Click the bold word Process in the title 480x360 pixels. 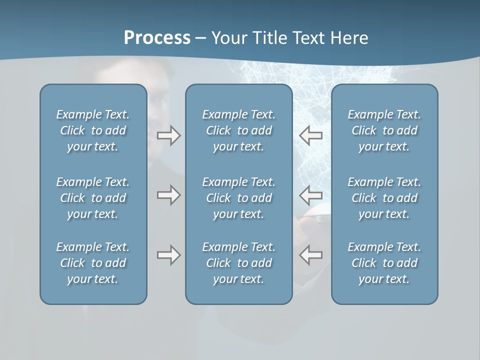coord(157,38)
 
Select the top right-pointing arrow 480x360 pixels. coord(168,135)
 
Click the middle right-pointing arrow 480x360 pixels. coord(168,195)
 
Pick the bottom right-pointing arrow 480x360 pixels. coord(168,255)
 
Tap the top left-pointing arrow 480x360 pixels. coord(311,135)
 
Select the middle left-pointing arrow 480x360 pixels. coord(311,195)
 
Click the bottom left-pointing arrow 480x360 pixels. coord(311,255)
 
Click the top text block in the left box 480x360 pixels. coord(93,130)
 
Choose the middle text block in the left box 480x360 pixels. coord(93,198)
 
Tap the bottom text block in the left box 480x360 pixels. coord(93,263)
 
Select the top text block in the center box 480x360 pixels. coord(238,130)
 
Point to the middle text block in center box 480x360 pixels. coord(238,198)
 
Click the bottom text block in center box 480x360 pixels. coord(238,263)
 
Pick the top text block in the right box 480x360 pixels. coord(384,130)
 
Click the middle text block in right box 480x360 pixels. coord(384,198)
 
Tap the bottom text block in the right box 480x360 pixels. coord(384,263)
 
